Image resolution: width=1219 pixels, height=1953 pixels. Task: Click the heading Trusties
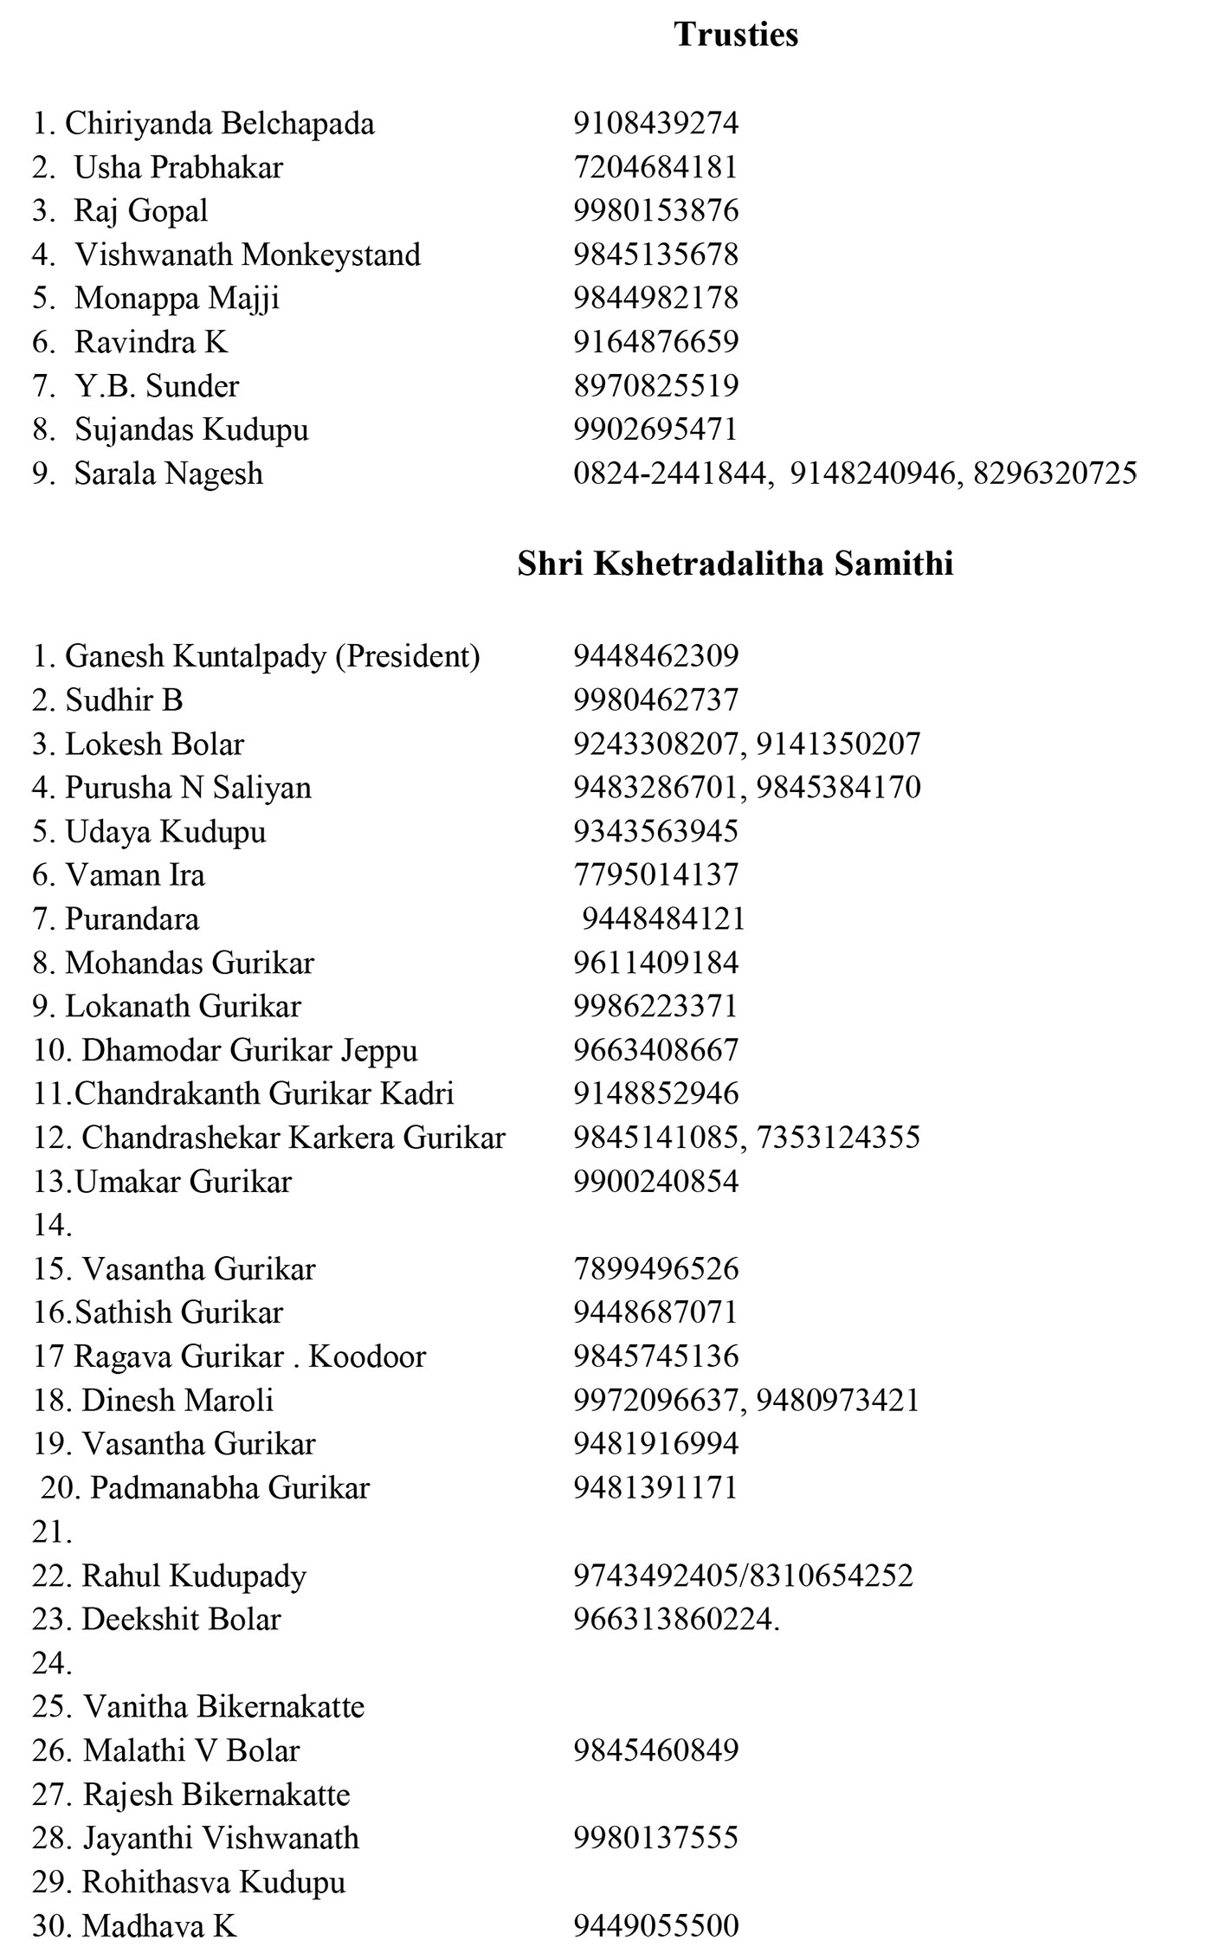[736, 35]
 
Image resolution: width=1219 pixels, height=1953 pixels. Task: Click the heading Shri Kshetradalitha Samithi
[735, 564]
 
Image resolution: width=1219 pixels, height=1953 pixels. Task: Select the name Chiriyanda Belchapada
[220, 124]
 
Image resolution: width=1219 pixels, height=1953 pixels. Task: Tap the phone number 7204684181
[655, 167]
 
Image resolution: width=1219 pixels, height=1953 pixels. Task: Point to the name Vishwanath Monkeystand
[248, 255]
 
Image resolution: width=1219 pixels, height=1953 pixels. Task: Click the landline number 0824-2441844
[670, 474]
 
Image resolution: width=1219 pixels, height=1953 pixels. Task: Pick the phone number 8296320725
[1055, 474]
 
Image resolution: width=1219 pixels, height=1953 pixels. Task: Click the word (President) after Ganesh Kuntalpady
[408, 656]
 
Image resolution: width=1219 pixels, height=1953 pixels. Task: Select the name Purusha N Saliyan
[188, 788]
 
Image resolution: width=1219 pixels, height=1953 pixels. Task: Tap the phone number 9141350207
[838, 744]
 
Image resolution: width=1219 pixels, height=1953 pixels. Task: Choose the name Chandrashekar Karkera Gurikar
[293, 1138]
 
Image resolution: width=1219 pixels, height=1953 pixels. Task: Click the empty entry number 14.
[52, 1225]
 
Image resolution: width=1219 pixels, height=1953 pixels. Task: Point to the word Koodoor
[367, 1357]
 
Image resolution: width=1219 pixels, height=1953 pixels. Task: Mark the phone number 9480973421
[837, 1400]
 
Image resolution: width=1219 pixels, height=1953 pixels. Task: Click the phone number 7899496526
[655, 1269]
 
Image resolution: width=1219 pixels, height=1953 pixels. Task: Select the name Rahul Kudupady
[194, 1576]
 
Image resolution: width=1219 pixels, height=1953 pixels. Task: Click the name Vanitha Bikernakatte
[224, 1707]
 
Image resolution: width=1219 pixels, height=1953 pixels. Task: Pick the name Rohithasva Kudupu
[214, 1882]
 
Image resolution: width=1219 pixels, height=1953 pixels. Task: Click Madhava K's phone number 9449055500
[655, 1925]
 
